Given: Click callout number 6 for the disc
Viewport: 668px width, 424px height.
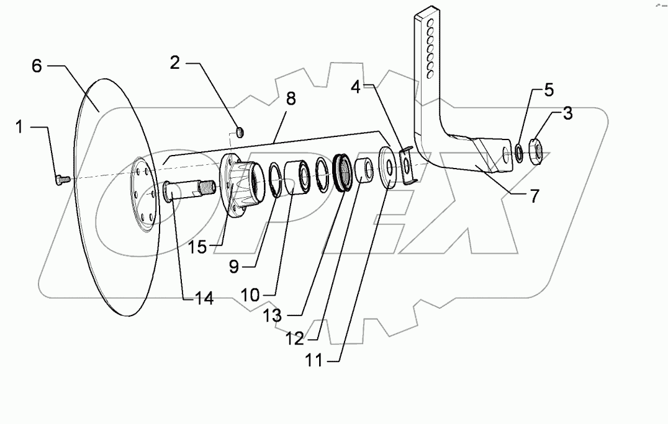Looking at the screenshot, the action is [x=37, y=66].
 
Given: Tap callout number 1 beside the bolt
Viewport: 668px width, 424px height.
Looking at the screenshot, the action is [x=19, y=126].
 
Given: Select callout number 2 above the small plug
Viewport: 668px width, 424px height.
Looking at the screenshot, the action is [x=175, y=63].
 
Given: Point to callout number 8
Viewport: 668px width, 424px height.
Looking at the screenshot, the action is [x=290, y=99].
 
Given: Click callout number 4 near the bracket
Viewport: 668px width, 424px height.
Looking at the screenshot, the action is [x=356, y=87].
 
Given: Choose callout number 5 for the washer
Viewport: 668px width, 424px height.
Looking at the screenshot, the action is [x=549, y=90].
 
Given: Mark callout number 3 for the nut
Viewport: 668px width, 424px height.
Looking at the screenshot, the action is [x=567, y=113].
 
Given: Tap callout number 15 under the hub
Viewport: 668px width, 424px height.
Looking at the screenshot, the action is [x=197, y=246].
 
